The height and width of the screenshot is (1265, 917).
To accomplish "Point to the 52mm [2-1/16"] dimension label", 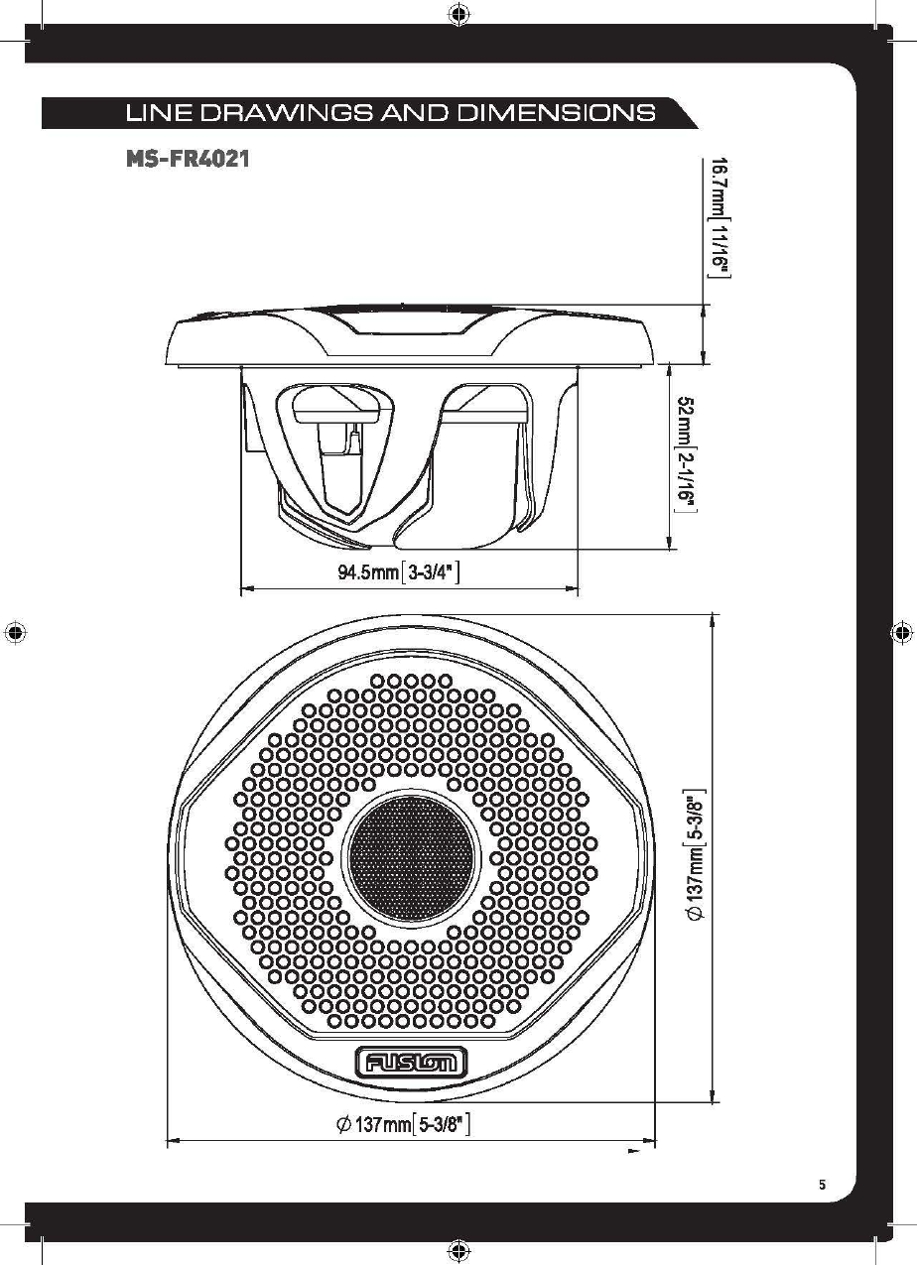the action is pos(686,454).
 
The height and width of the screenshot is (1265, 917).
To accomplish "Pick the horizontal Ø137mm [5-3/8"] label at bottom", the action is pos(402,1124).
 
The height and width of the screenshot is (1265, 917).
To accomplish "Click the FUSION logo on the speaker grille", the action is pos(410,1064).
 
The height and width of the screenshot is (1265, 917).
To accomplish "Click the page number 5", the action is pos(822,1184).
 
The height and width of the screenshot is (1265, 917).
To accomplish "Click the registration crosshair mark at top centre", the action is pos(458,14).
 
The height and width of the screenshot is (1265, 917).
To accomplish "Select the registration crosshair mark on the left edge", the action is pos(15,632).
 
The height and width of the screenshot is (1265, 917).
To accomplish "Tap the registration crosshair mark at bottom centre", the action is pos(458,1250).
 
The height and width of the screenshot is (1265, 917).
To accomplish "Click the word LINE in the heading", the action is pos(152,112).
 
